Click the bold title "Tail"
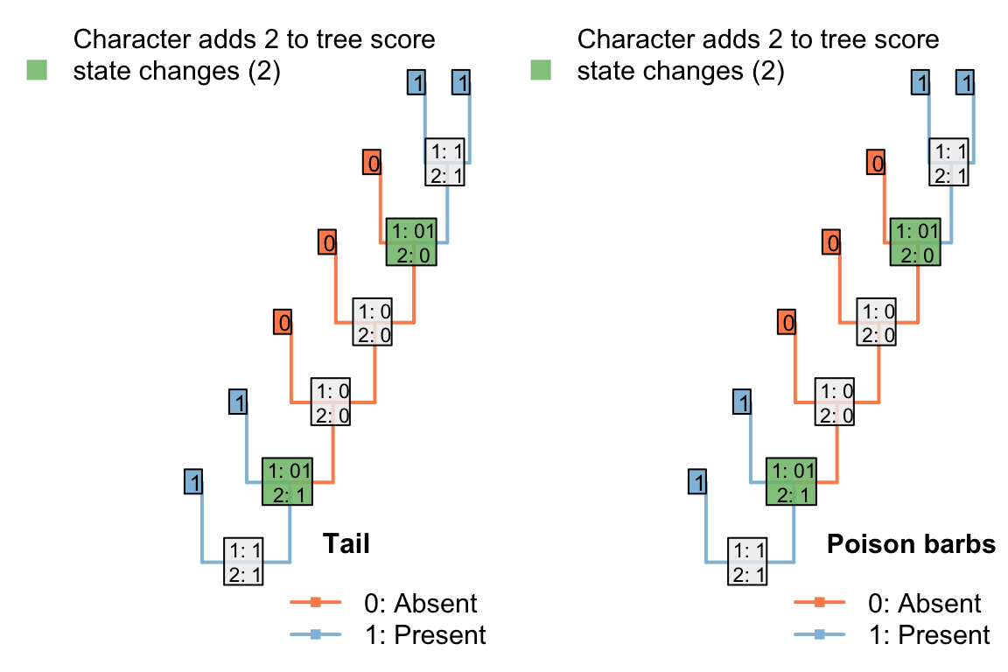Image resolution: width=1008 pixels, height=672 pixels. tap(346, 544)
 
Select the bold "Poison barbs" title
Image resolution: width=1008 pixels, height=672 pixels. tap(911, 544)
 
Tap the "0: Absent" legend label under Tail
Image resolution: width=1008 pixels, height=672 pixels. tap(421, 603)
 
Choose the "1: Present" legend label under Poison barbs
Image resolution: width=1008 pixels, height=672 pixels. tap(929, 634)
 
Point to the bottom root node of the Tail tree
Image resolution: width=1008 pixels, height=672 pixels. tap(243, 561)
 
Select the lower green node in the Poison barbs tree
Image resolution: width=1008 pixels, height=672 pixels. tap(792, 481)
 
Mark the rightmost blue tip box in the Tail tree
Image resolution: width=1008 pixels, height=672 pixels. tap(462, 83)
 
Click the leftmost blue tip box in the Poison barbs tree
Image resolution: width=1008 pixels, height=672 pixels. tap(697, 481)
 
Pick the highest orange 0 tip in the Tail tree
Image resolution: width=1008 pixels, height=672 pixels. tap(373, 162)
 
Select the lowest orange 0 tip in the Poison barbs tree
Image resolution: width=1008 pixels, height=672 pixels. tap(788, 322)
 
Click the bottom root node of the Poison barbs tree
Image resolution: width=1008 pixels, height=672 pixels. tap(748, 561)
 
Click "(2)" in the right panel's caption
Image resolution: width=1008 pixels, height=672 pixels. tap(765, 72)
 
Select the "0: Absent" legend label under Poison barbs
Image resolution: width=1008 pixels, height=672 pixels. tap(925, 603)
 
